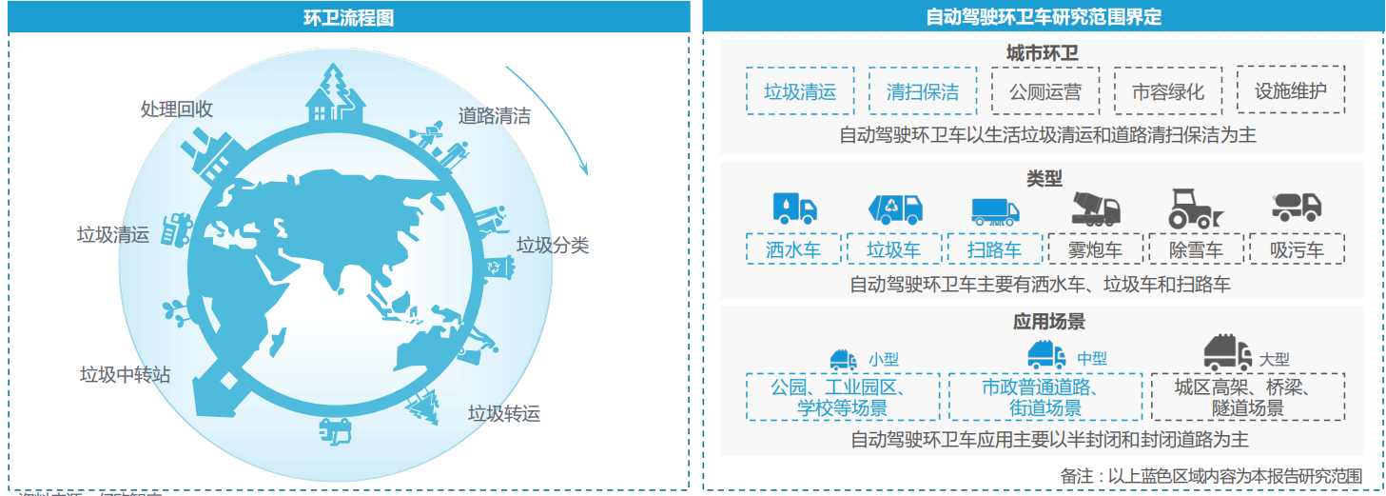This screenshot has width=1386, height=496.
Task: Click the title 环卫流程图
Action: pos(348,17)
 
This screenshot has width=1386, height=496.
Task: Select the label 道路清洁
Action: pos(494,117)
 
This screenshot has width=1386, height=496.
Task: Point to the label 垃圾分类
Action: pos(553,246)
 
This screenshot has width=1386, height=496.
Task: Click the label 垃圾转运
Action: pos(503,413)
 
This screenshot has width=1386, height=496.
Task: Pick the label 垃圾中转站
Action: pos(125,374)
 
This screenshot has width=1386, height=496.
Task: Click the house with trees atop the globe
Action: pos(336,92)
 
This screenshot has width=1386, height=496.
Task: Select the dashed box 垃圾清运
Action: pos(800,91)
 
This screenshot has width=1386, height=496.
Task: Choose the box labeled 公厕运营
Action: pos(1044,91)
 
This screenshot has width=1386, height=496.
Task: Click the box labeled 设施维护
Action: pos(1290,91)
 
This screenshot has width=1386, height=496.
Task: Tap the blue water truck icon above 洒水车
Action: pos(794,208)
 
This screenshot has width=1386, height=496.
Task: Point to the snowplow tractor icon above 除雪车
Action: pos(1195,208)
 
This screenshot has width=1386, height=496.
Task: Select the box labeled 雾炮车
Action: pos(1095,250)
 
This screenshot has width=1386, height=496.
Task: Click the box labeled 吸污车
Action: pos(1297,250)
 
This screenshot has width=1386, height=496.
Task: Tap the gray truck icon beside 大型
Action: pos(1227,353)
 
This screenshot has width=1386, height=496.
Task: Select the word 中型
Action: pos(1092,359)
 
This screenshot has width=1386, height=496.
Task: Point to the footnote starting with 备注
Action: pos(1211,475)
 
